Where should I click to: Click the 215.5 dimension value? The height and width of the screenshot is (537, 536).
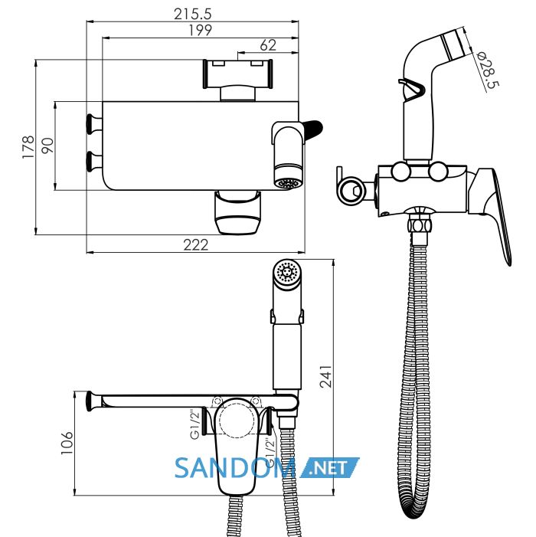[193, 14]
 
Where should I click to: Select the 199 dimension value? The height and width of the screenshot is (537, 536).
[201, 30]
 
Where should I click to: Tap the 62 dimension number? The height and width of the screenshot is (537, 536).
[268, 45]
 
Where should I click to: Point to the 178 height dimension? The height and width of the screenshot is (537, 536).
[28, 147]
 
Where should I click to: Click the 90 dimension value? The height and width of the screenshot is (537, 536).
[47, 146]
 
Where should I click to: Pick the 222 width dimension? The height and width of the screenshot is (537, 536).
[196, 245]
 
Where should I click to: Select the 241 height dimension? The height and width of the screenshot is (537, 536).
[326, 376]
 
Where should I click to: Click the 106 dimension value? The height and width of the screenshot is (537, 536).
[67, 444]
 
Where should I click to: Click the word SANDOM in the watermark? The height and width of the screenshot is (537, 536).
[235, 468]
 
